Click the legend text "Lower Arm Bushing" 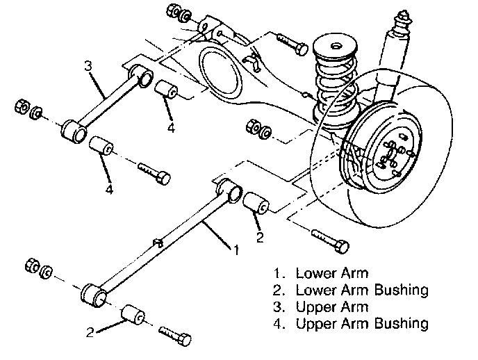362,289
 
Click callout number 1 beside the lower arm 237,249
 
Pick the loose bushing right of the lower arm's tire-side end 258,204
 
